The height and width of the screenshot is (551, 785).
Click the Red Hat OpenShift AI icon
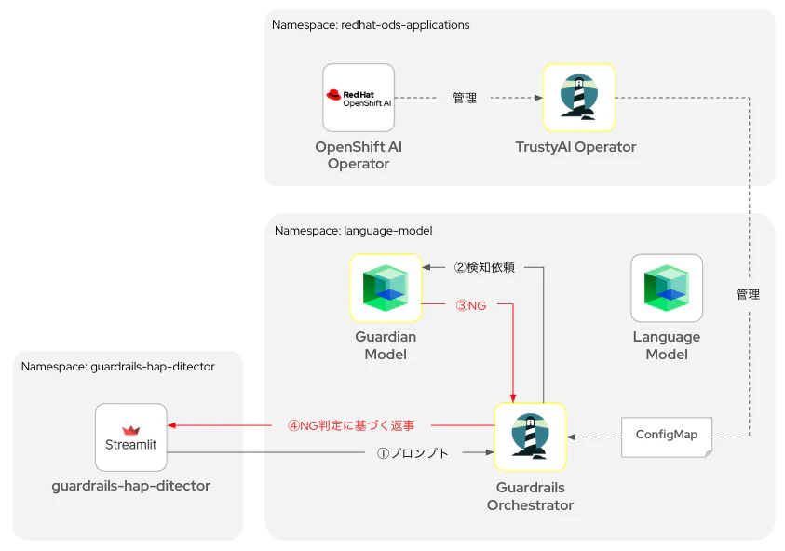[359, 98]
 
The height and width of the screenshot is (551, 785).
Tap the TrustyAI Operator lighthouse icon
[578, 98]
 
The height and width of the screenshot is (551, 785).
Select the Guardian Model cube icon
[386, 288]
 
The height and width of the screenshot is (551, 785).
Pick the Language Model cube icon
[667, 288]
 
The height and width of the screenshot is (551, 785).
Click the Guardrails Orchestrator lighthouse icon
[530, 437]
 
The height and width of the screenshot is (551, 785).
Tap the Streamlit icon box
[131, 437]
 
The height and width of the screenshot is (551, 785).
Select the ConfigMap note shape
[667, 437]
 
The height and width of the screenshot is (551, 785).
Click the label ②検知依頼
[484, 267]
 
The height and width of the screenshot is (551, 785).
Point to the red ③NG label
[470, 305]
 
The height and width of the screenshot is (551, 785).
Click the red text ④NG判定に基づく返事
[351, 425]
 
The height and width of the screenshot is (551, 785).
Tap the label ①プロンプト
[413, 453]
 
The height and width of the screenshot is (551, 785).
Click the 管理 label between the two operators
[465, 98]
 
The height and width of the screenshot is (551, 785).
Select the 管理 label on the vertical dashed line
[748, 294]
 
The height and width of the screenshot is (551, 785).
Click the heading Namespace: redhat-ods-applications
[371, 25]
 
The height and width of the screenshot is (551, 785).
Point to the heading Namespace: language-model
[354, 231]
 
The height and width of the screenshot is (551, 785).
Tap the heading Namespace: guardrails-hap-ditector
[117, 367]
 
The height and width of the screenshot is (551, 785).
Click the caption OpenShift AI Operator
[359, 155]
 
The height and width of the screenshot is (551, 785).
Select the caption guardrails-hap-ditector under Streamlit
[131, 486]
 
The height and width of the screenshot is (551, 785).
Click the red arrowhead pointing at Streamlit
[171, 425]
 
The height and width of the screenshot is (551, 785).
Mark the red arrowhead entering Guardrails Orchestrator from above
[513, 398]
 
